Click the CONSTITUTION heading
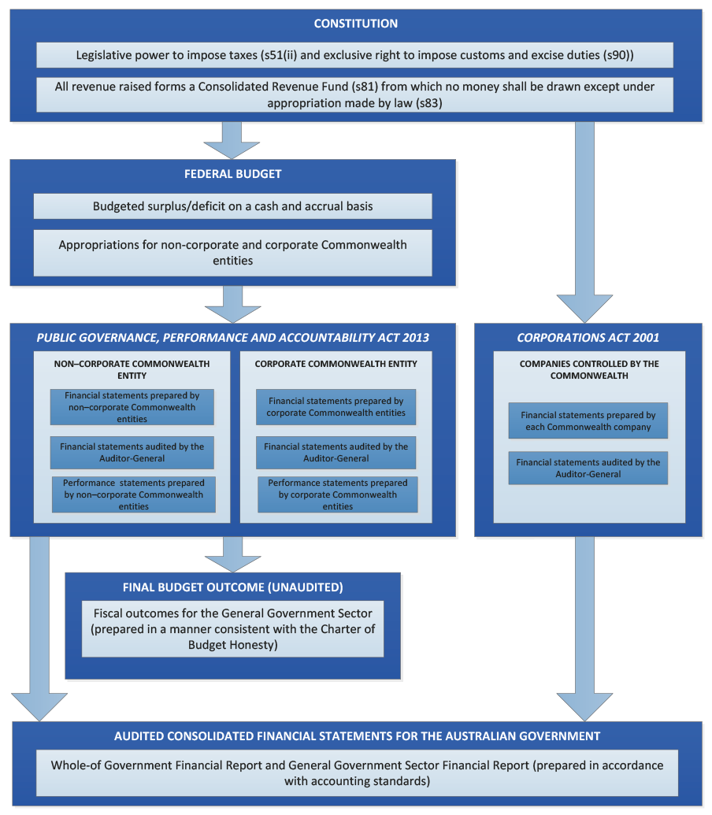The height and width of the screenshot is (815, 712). click(355, 24)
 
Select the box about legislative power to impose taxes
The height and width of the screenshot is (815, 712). click(355, 55)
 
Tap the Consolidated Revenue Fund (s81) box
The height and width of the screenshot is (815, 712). click(355, 94)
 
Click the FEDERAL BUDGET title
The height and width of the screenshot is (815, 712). click(233, 174)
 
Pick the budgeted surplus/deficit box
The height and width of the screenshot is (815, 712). click(233, 206)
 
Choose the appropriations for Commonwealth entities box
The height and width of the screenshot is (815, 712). click(233, 253)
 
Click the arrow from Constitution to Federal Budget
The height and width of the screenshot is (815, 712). click(232, 140)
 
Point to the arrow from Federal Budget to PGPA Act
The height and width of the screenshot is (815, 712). click(233, 305)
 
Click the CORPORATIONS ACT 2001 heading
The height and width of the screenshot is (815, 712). click(588, 338)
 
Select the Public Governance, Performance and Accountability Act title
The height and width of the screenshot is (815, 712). click(233, 338)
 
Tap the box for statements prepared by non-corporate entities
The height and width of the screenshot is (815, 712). click(132, 407)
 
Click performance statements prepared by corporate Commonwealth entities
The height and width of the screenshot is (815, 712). click(338, 495)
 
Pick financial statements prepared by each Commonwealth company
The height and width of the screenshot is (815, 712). click(588, 420)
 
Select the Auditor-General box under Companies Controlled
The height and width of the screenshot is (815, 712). click(588, 468)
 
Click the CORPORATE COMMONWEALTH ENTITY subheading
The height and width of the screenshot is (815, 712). click(336, 364)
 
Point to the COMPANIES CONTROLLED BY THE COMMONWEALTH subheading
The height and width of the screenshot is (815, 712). click(589, 369)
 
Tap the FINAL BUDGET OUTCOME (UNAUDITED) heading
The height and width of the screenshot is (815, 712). click(233, 587)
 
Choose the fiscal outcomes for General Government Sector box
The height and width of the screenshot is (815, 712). click(233, 629)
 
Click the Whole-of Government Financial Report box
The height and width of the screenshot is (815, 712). click(357, 773)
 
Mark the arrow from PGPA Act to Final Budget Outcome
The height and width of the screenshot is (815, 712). click(233, 555)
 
